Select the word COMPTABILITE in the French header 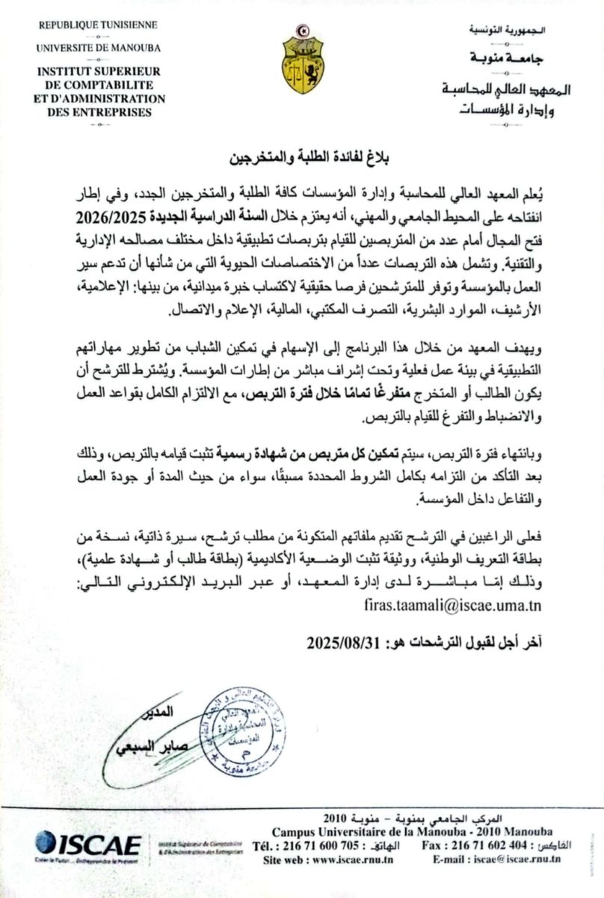click(103, 85)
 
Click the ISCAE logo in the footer click(87, 844)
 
